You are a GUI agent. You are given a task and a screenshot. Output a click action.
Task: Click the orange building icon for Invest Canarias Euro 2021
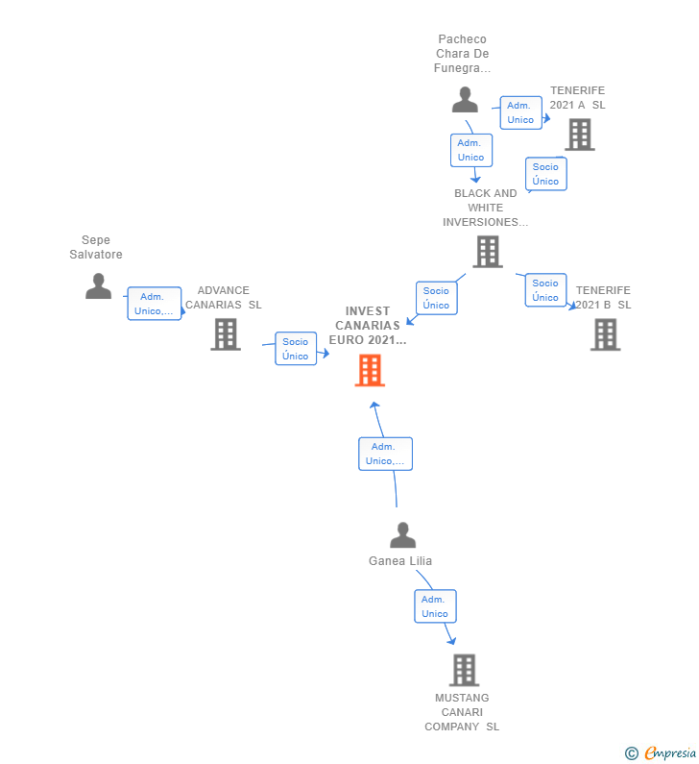370,370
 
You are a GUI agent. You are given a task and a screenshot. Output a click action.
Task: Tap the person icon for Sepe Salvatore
98,286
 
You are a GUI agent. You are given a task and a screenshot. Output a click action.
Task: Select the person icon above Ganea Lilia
403,535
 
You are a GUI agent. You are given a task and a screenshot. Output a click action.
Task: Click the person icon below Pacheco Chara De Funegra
465,100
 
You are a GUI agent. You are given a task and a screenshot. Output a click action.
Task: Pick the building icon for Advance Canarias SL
226,334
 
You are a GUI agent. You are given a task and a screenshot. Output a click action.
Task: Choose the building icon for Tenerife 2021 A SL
580,135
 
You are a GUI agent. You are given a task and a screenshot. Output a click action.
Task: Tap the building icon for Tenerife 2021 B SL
606,334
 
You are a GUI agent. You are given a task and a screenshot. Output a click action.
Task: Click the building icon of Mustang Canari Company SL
465,670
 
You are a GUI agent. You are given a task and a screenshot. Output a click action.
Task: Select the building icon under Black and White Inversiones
488,252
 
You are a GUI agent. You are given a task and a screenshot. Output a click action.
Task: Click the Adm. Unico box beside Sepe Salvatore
155,304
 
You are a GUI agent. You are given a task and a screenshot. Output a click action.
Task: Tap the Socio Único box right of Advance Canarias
296,349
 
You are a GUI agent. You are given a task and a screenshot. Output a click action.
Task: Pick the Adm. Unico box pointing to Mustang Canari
435,606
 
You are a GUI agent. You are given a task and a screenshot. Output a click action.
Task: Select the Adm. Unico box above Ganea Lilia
386,454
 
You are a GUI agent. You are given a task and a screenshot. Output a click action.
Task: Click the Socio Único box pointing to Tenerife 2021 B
545,290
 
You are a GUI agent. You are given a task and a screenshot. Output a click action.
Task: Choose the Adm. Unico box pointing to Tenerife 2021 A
520,112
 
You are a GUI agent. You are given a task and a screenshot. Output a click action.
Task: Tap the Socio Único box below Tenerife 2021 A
546,174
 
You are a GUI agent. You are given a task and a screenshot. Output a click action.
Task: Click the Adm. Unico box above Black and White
471,150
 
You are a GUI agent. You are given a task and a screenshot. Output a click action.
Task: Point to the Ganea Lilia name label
400,561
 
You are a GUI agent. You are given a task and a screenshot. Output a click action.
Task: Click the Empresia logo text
670,752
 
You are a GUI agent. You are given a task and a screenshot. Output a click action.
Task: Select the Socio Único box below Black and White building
437,298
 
